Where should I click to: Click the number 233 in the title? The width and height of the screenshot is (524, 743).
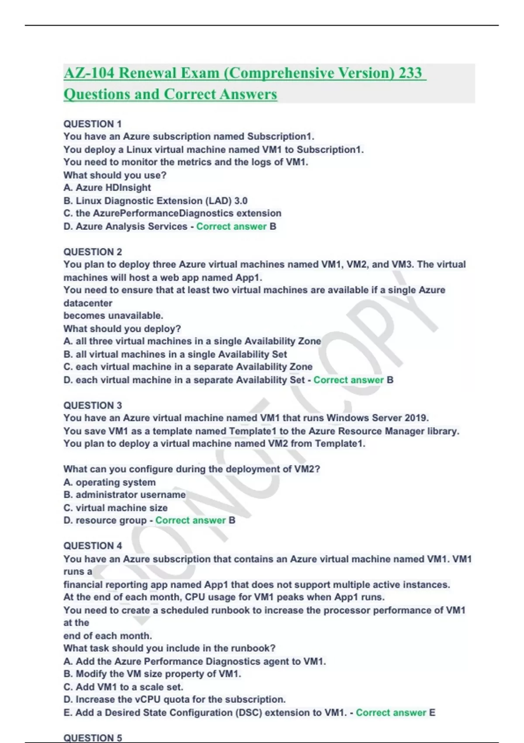click(x=410, y=73)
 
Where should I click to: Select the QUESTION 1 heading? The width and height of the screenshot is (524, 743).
click(x=93, y=124)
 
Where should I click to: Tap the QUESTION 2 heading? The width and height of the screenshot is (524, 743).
click(x=93, y=252)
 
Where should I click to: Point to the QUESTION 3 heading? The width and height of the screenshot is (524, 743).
click(x=93, y=405)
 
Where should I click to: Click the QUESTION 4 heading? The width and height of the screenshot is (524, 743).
click(x=93, y=545)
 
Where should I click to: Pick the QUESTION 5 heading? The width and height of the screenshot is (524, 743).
click(x=93, y=738)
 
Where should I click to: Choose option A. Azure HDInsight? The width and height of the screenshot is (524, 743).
click(x=107, y=187)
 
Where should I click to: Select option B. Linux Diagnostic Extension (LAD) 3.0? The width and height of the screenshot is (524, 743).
click(x=155, y=201)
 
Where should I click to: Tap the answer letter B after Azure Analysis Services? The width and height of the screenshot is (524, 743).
click(x=273, y=226)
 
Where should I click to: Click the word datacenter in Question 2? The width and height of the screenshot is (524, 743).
click(x=88, y=303)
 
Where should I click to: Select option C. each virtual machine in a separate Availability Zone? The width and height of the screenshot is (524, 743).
click(x=188, y=367)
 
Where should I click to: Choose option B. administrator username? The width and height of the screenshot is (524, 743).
click(x=124, y=495)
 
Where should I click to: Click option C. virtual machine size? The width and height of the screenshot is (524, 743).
click(x=115, y=508)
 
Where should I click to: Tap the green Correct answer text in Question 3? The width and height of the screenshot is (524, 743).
click(x=190, y=520)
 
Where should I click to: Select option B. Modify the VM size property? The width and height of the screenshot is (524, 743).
click(x=152, y=674)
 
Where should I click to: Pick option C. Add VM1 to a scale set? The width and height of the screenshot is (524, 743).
click(x=123, y=687)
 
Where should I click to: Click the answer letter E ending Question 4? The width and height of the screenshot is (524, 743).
click(x=432, y=712)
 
